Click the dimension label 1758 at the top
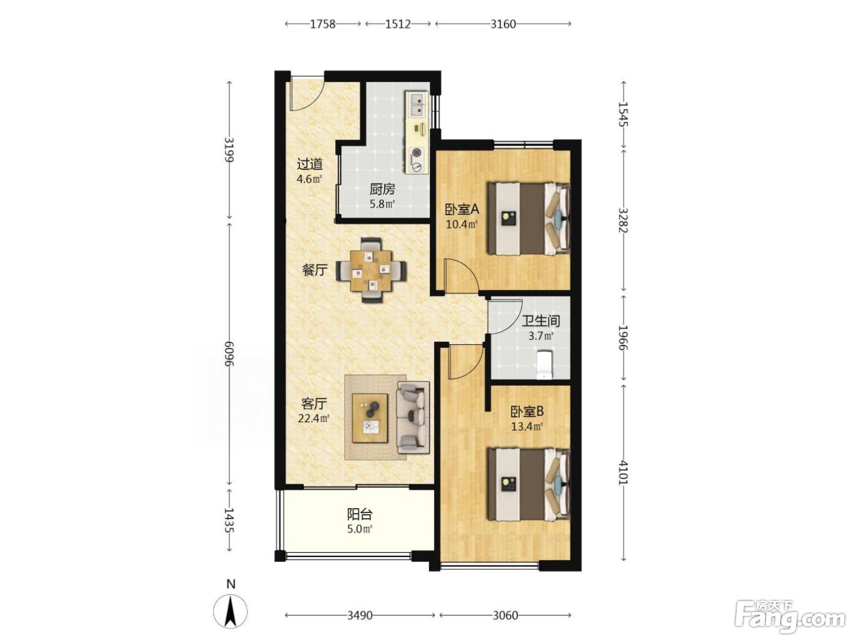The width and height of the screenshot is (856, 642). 322,24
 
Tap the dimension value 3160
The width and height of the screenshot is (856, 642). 503,24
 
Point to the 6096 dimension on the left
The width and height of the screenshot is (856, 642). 229,353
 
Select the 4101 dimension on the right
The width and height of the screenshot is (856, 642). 623,473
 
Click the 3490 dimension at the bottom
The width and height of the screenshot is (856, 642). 360,616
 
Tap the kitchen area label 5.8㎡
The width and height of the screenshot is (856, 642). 382,204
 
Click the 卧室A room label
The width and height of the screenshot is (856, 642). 462,210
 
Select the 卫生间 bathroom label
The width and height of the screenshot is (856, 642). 541,321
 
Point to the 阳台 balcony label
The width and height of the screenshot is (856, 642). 360,515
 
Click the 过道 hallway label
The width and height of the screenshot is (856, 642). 309,164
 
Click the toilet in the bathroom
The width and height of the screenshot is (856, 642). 544,365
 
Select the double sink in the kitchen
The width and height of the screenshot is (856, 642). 416,105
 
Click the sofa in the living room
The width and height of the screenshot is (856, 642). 413,418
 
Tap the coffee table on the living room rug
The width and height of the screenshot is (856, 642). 370,418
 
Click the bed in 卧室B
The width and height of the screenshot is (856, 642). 529,484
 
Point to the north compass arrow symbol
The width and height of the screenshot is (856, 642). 231,611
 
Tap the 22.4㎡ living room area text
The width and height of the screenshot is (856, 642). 314,418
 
